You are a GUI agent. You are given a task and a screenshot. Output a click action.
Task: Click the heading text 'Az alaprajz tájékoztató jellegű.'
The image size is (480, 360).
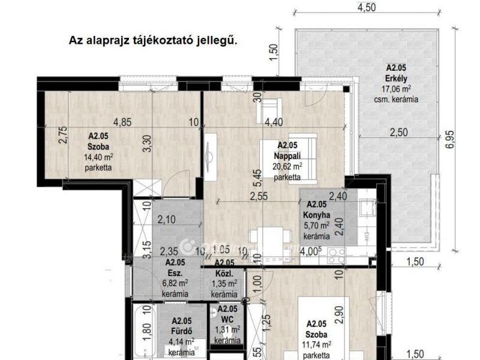pos(154,41)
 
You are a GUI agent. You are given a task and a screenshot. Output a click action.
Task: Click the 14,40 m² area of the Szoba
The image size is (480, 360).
pos(98,157)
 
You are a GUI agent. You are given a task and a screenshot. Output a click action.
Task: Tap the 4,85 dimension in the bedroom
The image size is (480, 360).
pos(123,122)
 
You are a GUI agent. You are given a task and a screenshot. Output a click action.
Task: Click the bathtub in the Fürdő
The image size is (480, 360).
pos(144,330)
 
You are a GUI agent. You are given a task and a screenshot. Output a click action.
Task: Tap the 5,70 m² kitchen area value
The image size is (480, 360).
pos(317,226)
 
